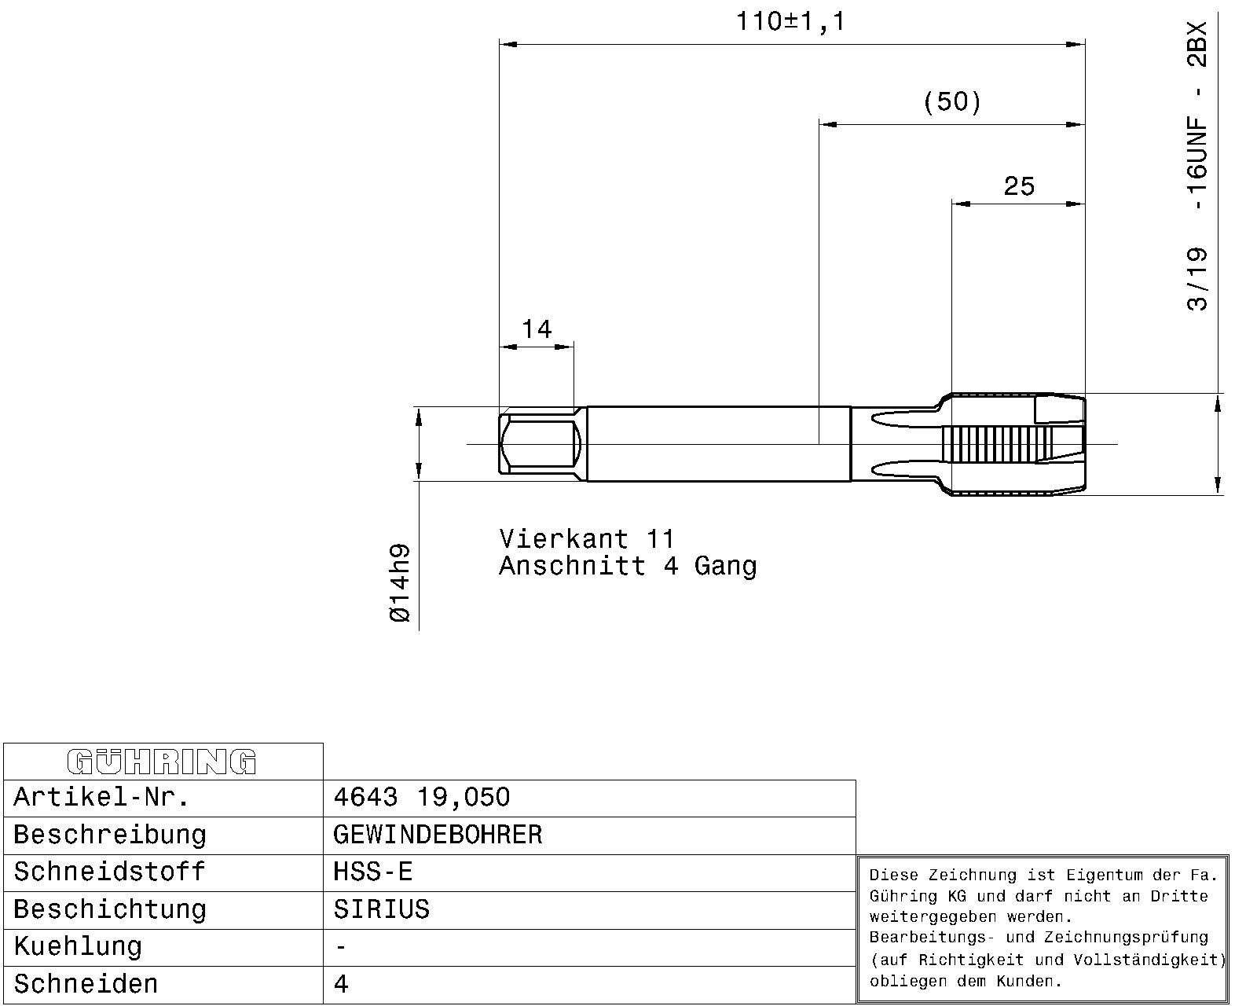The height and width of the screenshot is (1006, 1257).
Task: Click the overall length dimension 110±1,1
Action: [790, 22]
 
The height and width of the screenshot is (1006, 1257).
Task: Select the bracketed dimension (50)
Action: [952, 101]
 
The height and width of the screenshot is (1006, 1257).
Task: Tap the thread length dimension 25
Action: [1019, 186]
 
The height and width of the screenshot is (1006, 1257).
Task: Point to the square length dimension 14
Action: [537, 329]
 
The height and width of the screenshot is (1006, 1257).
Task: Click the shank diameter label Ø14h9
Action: [400, 583]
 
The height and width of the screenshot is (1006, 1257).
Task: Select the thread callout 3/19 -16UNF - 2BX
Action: [1197, 166]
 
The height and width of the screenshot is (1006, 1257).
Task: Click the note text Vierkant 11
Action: [587, 538]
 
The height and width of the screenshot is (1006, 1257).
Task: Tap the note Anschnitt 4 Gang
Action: [628, 566]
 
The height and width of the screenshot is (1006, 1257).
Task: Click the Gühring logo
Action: [162, 762]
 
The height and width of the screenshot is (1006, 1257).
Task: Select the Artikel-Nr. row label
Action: [101, 797]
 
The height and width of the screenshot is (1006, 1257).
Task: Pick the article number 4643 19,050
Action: [422, 797]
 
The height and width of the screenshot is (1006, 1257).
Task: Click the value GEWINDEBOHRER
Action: [438, 835]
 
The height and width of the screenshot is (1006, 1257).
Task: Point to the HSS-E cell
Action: [372, 872]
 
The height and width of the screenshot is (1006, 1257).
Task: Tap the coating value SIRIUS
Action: [382, 909]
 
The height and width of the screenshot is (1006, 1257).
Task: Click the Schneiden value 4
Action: [341, 985]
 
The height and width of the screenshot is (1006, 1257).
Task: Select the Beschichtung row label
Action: [110, 910]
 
